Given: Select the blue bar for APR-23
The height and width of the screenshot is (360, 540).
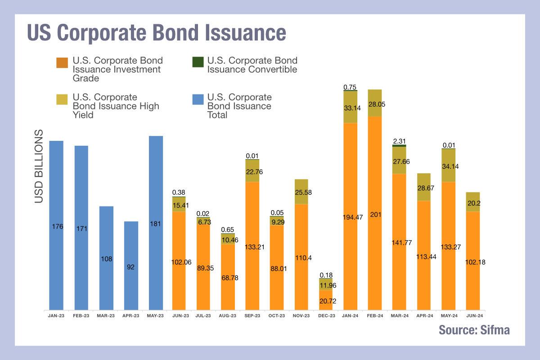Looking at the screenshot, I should [131, 265].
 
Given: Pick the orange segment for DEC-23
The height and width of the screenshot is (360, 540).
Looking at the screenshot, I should [326, 300].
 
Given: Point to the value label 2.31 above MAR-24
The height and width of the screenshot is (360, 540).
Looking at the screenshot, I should [399, 141].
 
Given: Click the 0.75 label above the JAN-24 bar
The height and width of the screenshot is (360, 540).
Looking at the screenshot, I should [350, 87].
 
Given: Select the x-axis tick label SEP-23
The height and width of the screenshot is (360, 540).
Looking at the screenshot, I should [252, 316].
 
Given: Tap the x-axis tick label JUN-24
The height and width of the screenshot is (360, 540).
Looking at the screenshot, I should [472, 316].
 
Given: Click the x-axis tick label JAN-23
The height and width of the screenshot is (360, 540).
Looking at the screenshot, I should [56, 316].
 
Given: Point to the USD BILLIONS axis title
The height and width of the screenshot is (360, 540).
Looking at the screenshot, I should [39, 166].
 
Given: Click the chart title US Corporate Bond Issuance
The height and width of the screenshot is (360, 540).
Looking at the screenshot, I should [156, 33].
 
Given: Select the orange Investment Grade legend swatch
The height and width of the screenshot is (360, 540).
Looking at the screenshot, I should [62, 61].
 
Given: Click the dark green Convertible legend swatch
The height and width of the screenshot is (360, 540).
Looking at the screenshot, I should [197, 61].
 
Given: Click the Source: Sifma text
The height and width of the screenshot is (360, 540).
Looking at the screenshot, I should [474, 330].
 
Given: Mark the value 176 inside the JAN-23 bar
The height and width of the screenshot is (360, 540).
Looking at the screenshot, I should [56, 226].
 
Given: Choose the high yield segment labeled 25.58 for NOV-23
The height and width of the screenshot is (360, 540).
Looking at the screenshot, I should [301, 192].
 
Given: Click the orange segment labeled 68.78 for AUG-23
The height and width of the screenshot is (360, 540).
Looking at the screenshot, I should [228, 277].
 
